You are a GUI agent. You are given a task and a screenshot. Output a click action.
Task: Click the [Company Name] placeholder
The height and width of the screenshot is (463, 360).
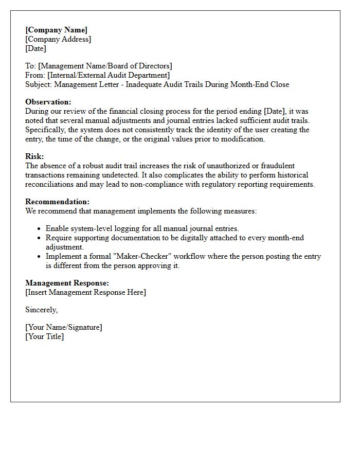(56, 30)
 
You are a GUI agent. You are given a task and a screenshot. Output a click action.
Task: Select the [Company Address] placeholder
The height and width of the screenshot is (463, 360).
(58, 39)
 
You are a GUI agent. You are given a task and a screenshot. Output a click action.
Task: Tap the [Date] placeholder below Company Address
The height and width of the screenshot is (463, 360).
(35, 48)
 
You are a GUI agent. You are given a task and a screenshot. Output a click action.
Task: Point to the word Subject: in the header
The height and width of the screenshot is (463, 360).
(39, 84)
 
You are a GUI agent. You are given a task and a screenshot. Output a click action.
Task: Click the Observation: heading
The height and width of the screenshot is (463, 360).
(48, 102)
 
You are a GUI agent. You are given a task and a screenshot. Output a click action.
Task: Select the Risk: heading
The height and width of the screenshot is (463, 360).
(34, 156)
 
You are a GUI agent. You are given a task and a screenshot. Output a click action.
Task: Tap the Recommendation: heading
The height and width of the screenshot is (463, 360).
(57, 202)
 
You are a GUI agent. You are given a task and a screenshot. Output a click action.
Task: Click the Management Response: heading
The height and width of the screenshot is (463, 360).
(67, 283)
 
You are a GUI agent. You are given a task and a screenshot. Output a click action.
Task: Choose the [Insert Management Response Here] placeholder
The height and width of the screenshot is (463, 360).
(85, 292)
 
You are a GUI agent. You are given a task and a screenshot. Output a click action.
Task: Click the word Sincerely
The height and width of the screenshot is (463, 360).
(42, 310)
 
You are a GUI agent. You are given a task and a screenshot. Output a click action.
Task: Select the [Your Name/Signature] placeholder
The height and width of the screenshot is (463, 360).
(64, 327)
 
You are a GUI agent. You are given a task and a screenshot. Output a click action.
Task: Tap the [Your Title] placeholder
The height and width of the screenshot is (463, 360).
(45, 336)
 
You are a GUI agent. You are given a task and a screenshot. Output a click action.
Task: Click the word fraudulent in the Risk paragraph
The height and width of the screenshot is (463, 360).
(277, 166)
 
